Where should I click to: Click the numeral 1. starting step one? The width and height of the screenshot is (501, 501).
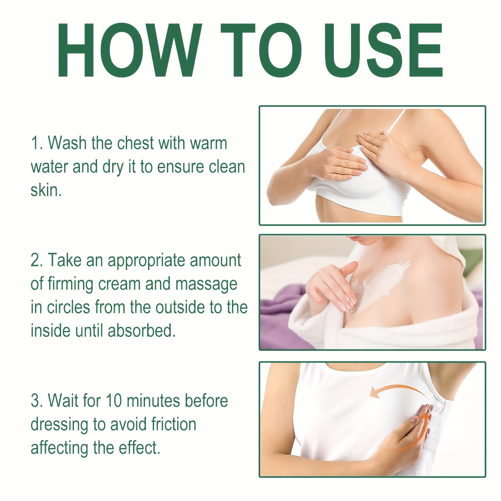click(37, 143)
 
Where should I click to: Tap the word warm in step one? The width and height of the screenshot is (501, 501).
click(209, 143)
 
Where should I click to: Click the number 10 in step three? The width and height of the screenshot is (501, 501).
click(114, 401)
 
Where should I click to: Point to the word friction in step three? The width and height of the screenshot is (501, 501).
click(174, 424)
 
